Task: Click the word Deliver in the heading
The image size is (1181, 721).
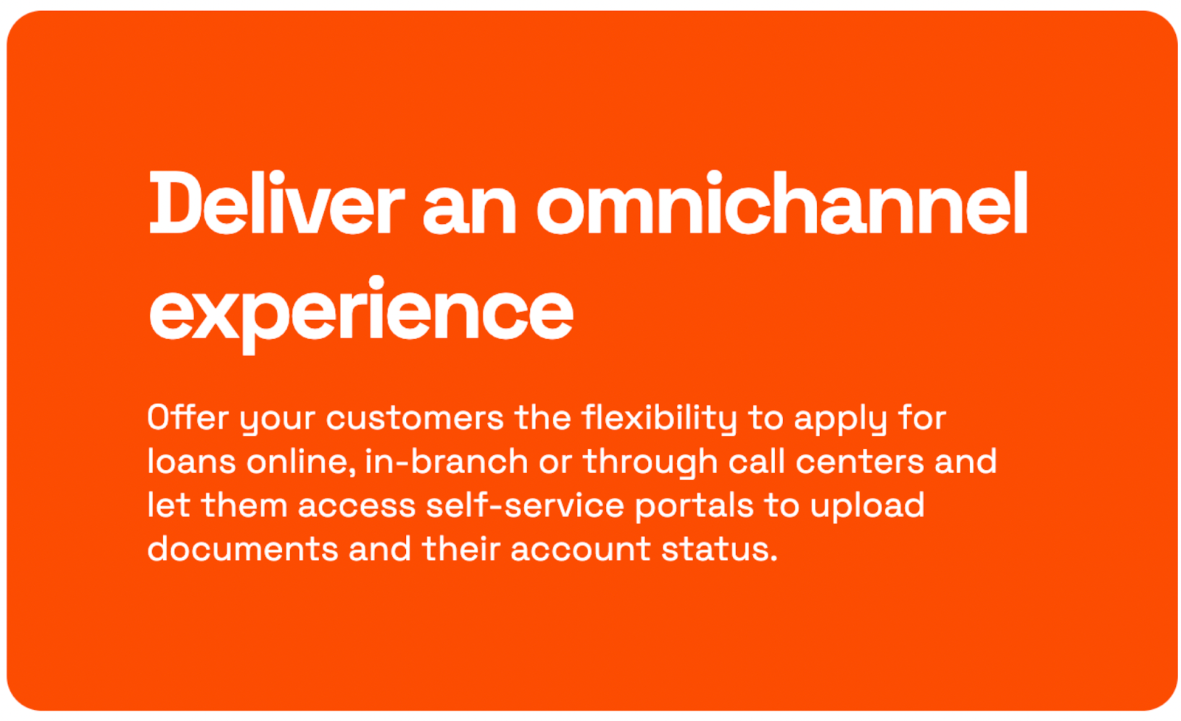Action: point(277,202)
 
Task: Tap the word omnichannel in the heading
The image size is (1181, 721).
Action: point(782,202)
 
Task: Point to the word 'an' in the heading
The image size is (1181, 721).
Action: point(469,210)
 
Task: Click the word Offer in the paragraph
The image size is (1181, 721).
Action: point(188,417)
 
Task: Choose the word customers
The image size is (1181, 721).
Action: point(415,419)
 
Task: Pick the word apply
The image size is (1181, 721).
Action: point(841,420)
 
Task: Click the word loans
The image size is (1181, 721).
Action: point(191,461)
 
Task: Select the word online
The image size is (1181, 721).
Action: point(300,462)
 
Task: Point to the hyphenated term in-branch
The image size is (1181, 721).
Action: point(446,461)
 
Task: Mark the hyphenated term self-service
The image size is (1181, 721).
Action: point(525,505)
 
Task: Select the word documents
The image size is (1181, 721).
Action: point(243,548)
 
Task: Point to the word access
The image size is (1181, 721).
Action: point(357,507)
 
